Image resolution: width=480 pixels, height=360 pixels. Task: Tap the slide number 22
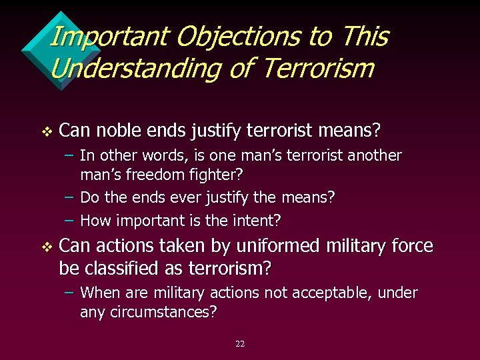pyautogui.click(x=240, y=344)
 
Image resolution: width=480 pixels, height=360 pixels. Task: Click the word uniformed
pyautogui.click(x=279, y=246)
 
